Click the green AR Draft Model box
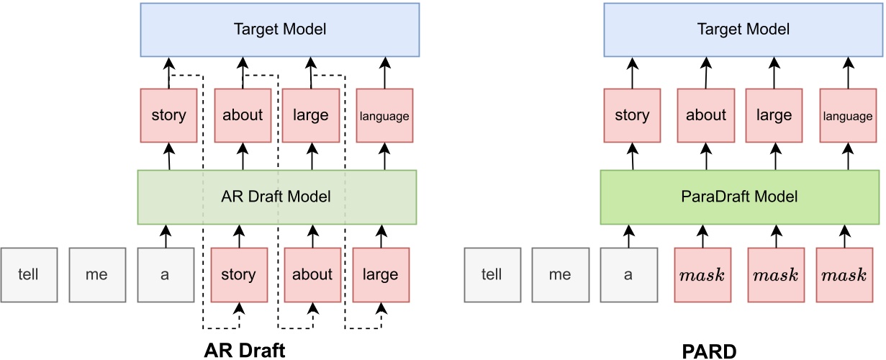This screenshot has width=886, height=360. pyautogui.click(x=277, y=197)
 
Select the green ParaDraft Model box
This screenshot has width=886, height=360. pyautogui.click(x=739, y=197)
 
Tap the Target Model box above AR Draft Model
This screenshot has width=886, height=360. pyautogui.click(x=279, y=30)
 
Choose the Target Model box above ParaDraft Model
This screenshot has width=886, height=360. pyautogui.click(x=743, y=30)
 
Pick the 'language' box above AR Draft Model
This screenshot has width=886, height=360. pyautogui.click(x=384, y=115)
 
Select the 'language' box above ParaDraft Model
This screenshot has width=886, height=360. pyautogui.click(x=848, y=115)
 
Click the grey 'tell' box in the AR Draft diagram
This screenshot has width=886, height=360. pyautogui.click(x=29, y=274)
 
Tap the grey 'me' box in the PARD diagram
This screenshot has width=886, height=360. pyautogui.click(x=561, y=274)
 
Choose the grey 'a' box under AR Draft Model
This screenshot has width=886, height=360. pyautogui.click(x=166, y=274)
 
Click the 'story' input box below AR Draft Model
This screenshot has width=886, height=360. pyautogui.click(x=238, y=274)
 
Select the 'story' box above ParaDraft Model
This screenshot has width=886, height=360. pyautogui.click(x=632, y=115)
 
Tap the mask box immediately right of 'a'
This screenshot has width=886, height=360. pyautogui.click(x=702, y=274)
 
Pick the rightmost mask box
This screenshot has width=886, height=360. pyautogui.click(x=844, y=274)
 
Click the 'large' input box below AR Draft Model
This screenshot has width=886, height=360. pyautogui.click(x=380, y=274)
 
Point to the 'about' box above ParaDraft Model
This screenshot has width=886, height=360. pyautogui.click(x=706, y=115)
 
